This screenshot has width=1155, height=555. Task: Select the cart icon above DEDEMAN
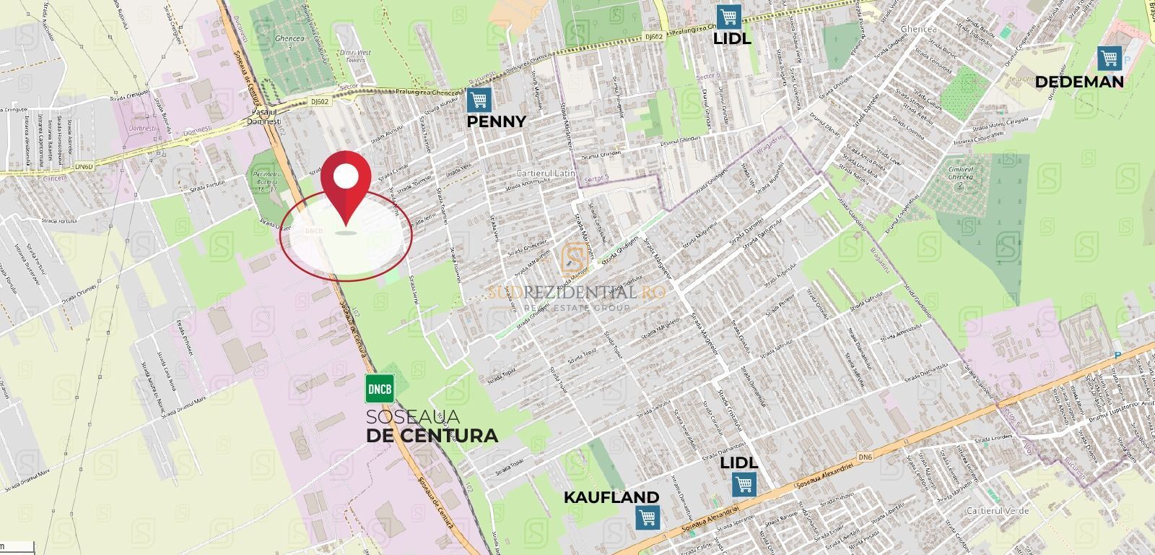1109,58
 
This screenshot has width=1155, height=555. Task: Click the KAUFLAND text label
611,497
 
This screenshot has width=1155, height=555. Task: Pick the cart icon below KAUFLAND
647,517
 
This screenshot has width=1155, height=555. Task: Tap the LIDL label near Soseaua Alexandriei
738,462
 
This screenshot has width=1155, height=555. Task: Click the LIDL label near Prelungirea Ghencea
732,39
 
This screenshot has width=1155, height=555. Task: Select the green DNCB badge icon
380,390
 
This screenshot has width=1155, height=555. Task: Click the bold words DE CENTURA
432,436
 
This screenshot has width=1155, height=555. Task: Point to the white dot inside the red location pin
346,176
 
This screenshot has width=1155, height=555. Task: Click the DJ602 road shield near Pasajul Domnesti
322,102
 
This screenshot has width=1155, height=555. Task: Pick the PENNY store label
496,121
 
